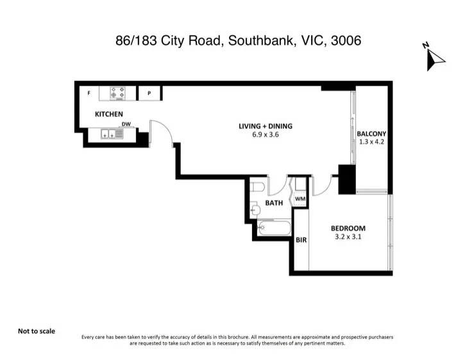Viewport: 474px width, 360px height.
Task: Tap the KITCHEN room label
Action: tap(109, 114)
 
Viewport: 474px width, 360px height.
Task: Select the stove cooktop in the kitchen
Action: tap(117, 94)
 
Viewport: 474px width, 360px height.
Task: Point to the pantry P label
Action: tap(149, 94)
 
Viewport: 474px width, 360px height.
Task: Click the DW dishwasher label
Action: tap(126, 124)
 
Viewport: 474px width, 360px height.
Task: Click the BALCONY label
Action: tap(371, 133)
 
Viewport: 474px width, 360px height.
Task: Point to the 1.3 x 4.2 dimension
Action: tap(371, 142)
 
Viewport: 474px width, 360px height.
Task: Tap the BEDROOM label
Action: tap(348, 228)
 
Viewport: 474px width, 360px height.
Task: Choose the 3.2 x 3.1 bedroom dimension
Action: tap(348, 237)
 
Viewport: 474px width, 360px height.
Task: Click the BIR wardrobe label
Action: tap(301, 240)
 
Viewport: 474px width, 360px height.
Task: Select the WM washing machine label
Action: tap(300, 200)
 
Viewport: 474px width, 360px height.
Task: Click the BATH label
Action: tap(275, 203)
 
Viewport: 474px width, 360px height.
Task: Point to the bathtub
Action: tap(274, 227)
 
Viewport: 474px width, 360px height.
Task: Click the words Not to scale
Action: tap(37, 331)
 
